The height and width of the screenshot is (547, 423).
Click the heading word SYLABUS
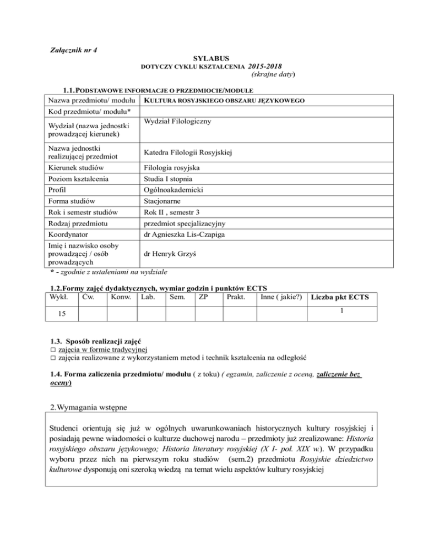(211, 57)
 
